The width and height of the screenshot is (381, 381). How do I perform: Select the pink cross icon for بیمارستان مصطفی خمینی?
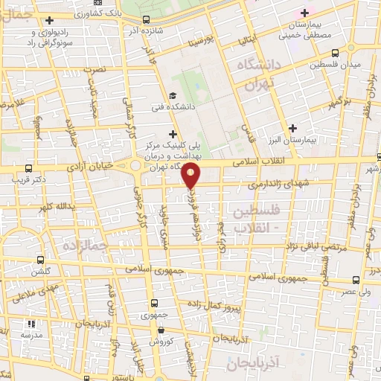coord(304,13)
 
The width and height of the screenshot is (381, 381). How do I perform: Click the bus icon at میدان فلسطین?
coord(335,54)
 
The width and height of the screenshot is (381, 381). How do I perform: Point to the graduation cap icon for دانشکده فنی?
coord(172,95)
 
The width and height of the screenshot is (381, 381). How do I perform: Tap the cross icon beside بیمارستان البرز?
coord(295,127)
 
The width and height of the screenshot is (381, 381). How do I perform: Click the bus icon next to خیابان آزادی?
coord(28,169)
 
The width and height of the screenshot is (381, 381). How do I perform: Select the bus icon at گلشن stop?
coord(38,260)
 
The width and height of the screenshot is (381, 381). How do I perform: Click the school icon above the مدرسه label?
coord(31,324)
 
